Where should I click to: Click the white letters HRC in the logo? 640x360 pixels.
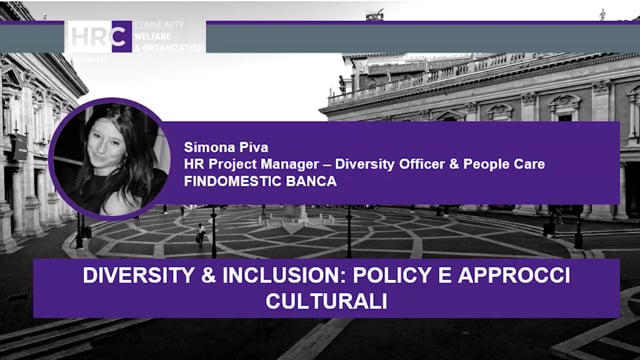point(99,37)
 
